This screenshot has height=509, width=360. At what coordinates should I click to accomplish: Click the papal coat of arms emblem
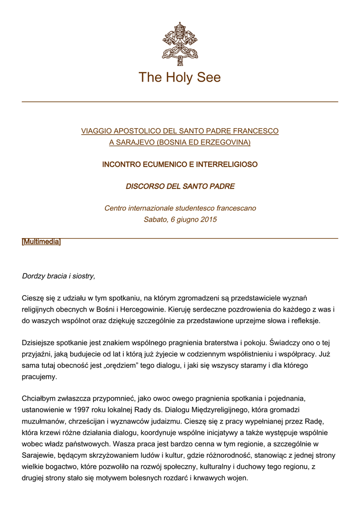pyautogui.click(x=180, y=41)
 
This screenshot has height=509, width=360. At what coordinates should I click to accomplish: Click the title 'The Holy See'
pyautogui.click(x=180, y=78)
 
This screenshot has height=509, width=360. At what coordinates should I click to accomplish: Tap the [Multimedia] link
pyautogui.click(x=41, y=242)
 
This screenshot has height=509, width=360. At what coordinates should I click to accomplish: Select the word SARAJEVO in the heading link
pyautogui.click(x=134, y=142)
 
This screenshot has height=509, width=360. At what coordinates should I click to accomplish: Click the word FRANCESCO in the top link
pyautogui.click(x=253, y=131)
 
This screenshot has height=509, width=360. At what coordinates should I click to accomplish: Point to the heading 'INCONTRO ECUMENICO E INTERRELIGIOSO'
pyautogui.click(x=180, y=164)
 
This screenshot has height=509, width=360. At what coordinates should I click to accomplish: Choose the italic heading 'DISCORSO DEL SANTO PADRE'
pyautogui.click(x=180, y=186)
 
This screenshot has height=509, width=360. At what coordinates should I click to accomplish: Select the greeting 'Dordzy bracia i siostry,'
pyautogui.click(x=59, y=275)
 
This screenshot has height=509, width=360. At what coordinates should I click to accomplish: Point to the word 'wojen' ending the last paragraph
pyautogui.click(x=237, y=478)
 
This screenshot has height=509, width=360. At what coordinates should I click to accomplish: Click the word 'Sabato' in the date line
pyautogui.click(x=155, y=219)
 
